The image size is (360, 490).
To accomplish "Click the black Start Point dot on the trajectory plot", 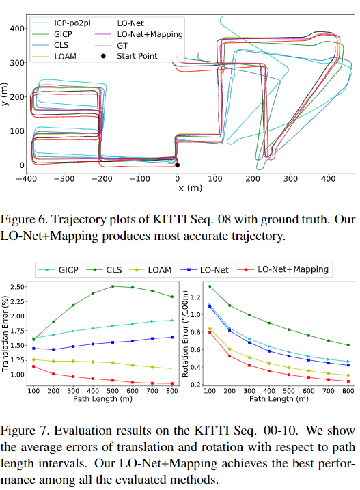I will pyautogui.click(x=177, y=165).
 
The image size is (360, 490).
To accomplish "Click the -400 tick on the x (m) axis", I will pyautogui.click(x=28, y=179).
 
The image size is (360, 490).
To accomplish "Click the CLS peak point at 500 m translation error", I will pyautogui.click(x=113, y=286).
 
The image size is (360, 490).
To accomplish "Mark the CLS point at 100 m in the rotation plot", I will pyautogui.click(x=209, y=286).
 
